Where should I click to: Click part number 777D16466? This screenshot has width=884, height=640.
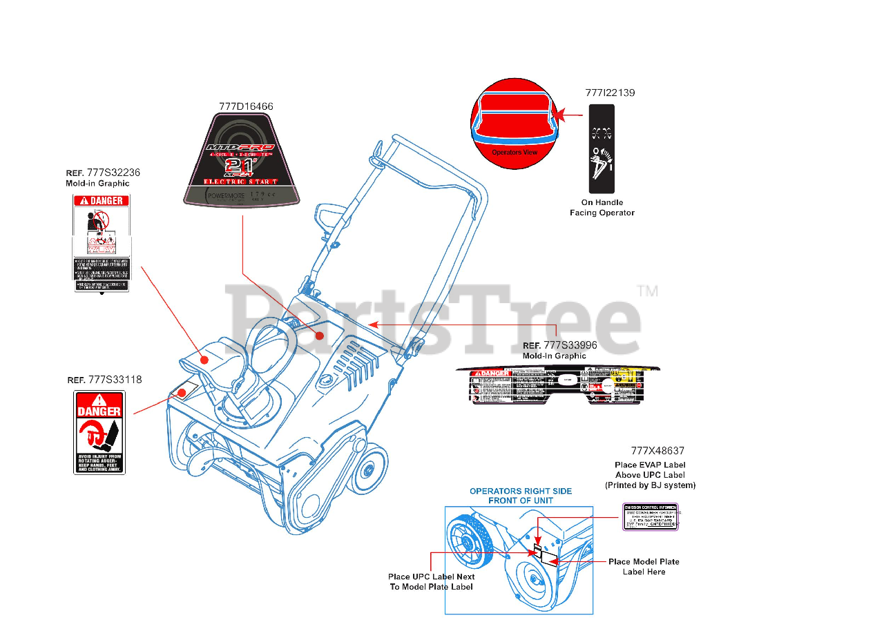pos(246,106)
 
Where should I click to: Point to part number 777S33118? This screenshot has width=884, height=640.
pos(115,380)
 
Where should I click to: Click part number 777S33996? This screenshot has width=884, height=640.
pos(570,345)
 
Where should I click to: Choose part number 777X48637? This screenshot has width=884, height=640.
pos(657,451)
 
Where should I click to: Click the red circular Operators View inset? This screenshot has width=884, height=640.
pos(515,122)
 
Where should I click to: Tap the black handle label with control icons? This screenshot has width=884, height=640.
pos(601,149)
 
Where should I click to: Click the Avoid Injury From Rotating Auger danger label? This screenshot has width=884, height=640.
pos(99,432)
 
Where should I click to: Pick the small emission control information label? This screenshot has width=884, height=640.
pos(651,516)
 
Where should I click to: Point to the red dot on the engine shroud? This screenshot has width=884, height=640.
pos(320,335)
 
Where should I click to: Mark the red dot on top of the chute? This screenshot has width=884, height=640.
pos(204,360)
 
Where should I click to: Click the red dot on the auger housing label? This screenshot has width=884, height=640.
pos(182,393)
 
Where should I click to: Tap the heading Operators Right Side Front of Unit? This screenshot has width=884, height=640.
pos(520,496)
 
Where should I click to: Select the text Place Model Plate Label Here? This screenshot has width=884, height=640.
pos(644,567)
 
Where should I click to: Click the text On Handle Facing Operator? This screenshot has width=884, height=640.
pos(602,207)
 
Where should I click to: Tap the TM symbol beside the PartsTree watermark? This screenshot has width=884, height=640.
pos(647,291)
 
